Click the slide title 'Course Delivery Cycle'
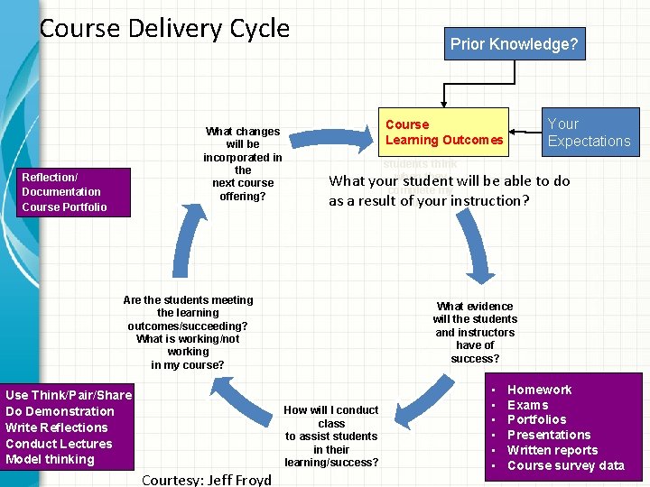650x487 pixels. pyautogui.click(x=164, y=28)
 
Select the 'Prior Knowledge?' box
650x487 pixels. pyautogui.click(x=514, y=43)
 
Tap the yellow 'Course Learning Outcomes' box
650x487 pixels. pyautogui.click(x=443, y=132)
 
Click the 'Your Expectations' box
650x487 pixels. pyautogui.click(x=589, y=132)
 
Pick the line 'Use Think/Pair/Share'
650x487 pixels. pyautogui.click(x=69, y=395)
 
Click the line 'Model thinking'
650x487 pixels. pyautogui.click(x=50, y=460)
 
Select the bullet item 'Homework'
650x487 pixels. pyautogui.click(x=539, y=390)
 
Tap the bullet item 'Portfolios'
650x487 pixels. pyautogui.click(x=536, y=419)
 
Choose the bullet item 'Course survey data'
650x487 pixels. pyautogui.click(x=565, y=465)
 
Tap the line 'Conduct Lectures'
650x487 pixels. pyautogui.click(x=59, y=444)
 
